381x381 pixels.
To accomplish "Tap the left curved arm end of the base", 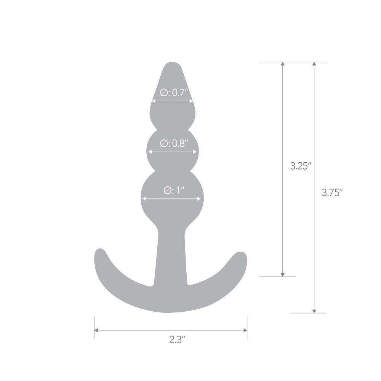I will pyautogui.click(x=100, y=255).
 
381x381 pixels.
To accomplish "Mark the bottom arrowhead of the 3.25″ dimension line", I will pyautogui.click(x=282, y=274).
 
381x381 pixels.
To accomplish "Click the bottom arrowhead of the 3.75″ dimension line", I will pyautogui.click(x=314, y=311).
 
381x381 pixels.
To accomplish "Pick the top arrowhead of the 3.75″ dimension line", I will pyautogui.click(x=314, y=64).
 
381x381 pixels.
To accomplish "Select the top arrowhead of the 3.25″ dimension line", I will pyautogui.click(x=282, y=64).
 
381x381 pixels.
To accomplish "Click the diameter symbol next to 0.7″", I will pyautogui.click(x=163, y=92).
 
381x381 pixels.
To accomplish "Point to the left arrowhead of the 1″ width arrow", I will pyautogui.click(x=144, y=199).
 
